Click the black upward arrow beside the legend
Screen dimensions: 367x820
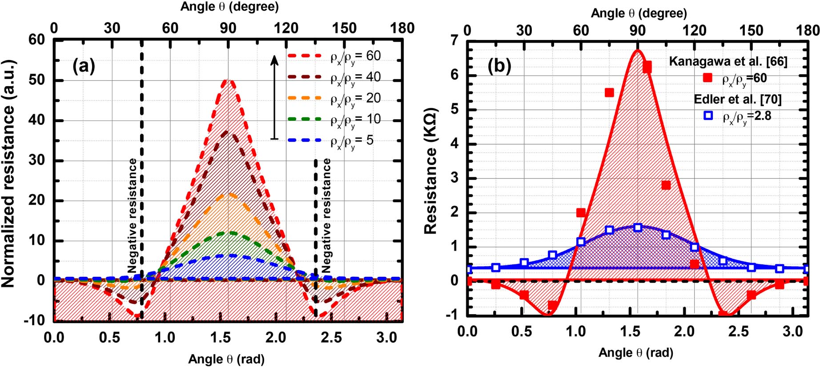coord(274,97)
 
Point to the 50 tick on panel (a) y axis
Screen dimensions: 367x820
coord(36,80)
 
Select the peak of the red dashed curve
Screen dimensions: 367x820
coord(228,80)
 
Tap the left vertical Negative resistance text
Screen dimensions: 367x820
coord(133,215)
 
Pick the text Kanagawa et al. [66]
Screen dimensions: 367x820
coord(728,61)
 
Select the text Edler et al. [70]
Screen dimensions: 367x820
coord(737,99)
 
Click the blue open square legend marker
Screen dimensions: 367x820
coord(708,116)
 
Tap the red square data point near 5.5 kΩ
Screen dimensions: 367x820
coord(609,92)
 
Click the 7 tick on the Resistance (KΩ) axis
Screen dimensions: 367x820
coord(454,40)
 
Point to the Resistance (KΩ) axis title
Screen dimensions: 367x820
coord(431,171)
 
